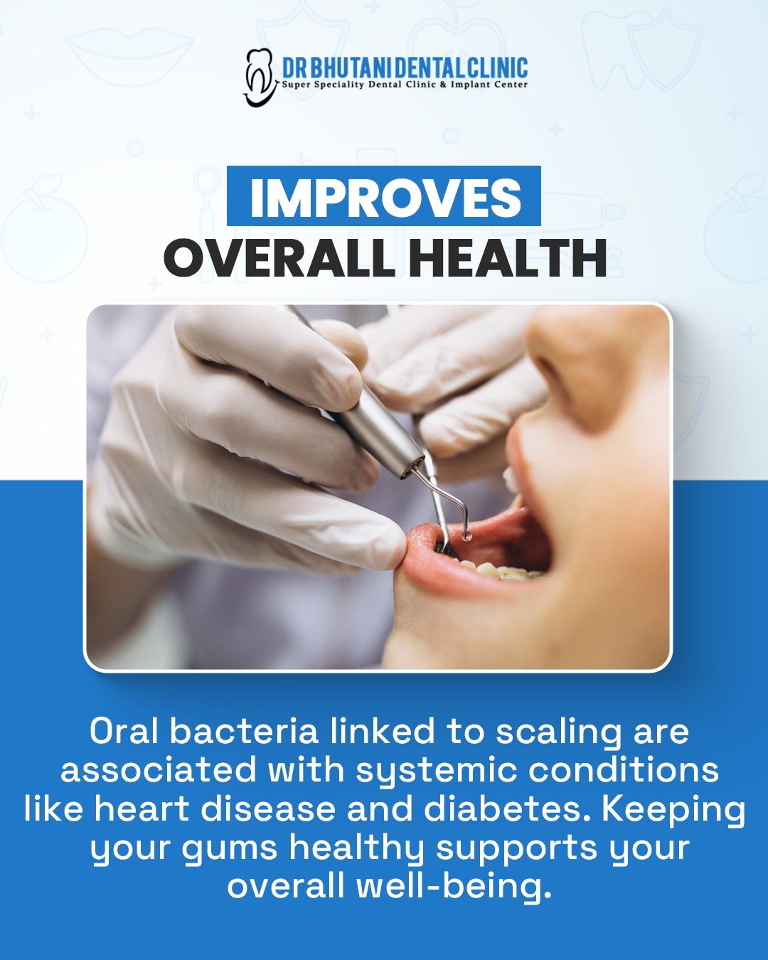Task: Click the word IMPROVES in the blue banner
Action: [385, 197]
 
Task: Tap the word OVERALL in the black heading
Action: [279, 259]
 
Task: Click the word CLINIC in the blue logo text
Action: [496, 68]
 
